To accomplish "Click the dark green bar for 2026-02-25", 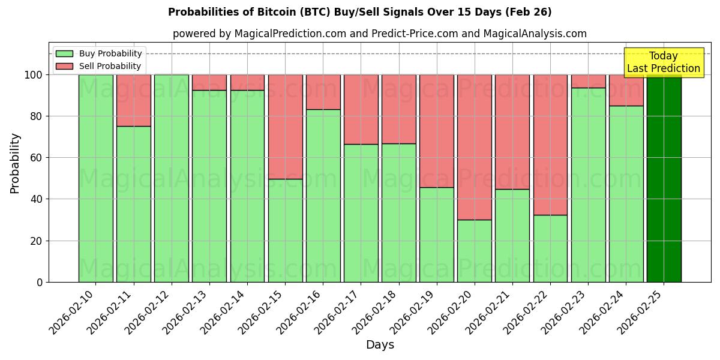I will (664, 180).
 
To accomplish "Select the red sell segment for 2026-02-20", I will (474, 147).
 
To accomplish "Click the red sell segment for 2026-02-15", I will (285, 127).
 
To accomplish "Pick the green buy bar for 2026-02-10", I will (95, 180).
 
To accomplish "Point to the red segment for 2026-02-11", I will (133, 100).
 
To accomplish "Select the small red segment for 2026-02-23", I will (588, 81).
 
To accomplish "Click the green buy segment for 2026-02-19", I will (436, 234).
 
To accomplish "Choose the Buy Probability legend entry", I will (99, 53).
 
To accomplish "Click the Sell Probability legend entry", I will (99, 66).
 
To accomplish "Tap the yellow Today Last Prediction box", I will (663, 62).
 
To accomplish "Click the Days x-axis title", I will (380, 345).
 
